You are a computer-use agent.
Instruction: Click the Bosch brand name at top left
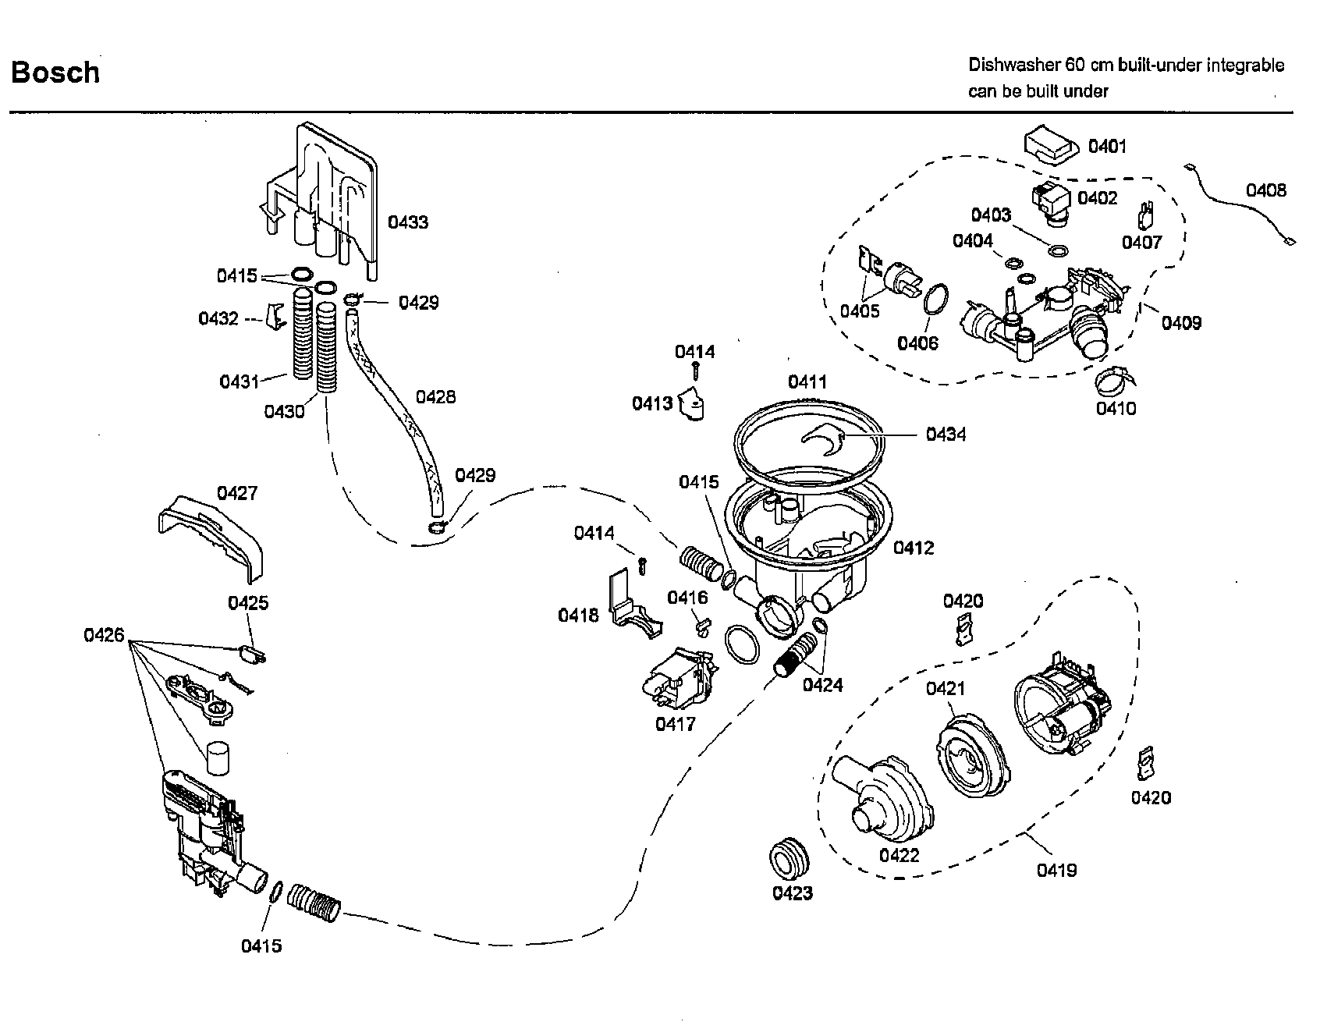(55, 73)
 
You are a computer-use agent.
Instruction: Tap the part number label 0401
(1107, 146)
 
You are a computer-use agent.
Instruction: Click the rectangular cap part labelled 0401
(1051, 147)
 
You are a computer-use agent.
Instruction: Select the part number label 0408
(1265, 190)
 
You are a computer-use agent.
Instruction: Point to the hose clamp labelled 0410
(1114, 380)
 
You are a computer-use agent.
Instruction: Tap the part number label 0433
(408, 222)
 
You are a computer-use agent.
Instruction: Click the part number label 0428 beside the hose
(435, 397)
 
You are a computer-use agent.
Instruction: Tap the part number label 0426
(104, 635)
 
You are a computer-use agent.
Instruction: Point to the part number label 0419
(1056, 869)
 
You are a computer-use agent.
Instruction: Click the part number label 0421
(945, 688)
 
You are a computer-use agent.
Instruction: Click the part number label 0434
(946, 435)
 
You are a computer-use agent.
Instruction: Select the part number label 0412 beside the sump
(913, 548)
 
